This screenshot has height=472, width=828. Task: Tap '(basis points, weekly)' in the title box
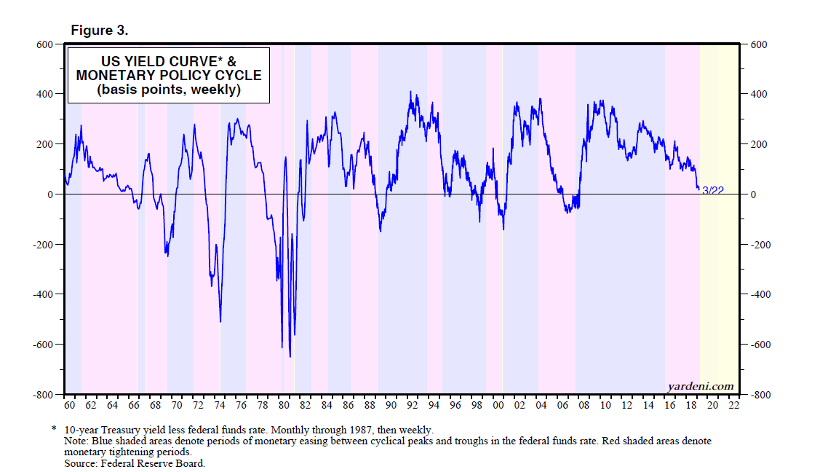pos(169,90)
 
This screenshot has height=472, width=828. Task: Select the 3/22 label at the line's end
pos(712,191)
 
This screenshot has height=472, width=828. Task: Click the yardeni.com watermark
pos(700,386)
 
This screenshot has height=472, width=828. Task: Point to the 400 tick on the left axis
pos(45,94)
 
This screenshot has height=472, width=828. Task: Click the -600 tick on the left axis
pos(43,345)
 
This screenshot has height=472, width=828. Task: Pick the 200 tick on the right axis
pos(758,144)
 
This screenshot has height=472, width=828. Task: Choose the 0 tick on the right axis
pos(754,194)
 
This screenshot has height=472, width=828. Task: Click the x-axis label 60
pos(70,405)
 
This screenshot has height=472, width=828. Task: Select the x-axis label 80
pos(284,405)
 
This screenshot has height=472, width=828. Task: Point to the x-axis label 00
pos(498,405)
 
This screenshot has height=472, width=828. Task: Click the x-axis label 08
pos(584,405)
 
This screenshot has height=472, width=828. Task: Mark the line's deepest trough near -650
pos(290,357)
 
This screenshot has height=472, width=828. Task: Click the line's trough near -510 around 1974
pos(220,322)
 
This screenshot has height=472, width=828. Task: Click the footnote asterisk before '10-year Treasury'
pos(53,430)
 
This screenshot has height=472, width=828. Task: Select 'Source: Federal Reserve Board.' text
pos(135,463)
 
